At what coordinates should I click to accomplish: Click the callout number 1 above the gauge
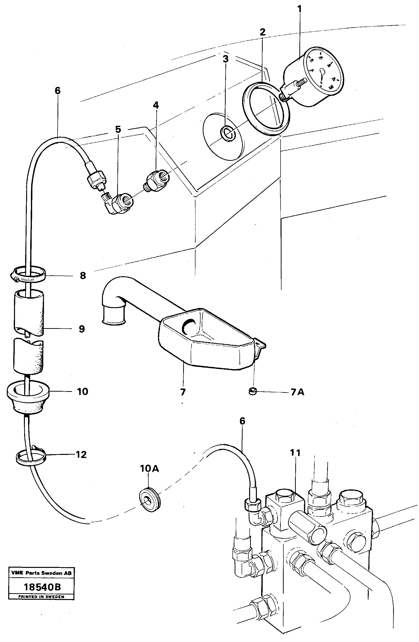(299, 9)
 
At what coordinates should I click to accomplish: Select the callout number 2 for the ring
(262, 32)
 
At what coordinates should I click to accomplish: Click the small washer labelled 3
(228, 133)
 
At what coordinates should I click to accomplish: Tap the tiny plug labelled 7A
(252, 391)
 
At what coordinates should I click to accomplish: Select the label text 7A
(297, 392)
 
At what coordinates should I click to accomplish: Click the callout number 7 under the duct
(183, 392)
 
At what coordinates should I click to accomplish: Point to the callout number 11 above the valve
(295, 453)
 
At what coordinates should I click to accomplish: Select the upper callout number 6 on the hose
(58, 91)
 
